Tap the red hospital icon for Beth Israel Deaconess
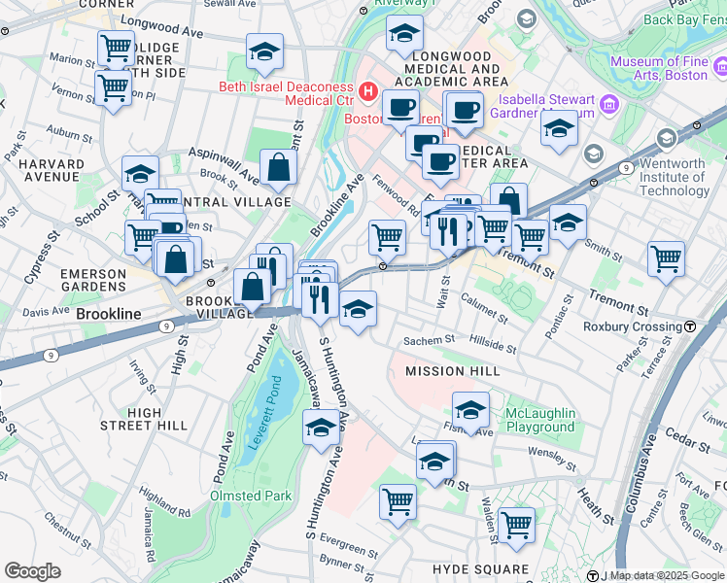coord(368,92)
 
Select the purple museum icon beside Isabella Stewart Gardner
coord(608,104)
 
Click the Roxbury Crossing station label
coord(632,326)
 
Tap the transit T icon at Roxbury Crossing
coord(690,326)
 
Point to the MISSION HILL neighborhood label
coord(452,371)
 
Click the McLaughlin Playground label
coord(540,420)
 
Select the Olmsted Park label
coord(251,496)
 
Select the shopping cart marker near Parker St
coord(667,257)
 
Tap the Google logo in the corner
coord(33,570)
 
